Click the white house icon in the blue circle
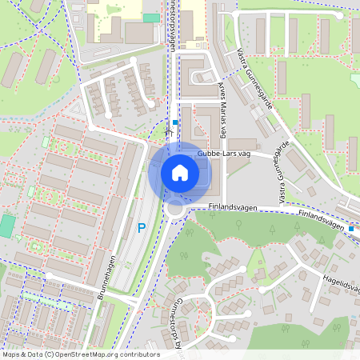point(180,172)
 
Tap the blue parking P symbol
point(142,228)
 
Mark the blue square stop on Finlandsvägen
point(351,229)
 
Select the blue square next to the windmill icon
point(175,122)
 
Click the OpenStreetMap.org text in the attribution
point(89,354)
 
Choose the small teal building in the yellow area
point(150,17)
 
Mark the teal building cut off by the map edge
point(6,225)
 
